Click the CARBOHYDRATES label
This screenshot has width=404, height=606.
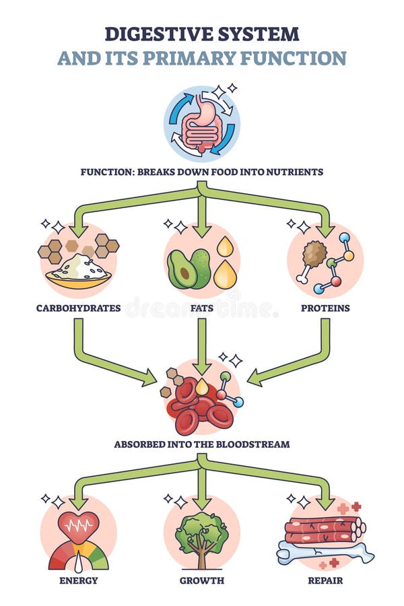coord(79,308)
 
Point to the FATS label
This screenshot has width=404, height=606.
coord(201,308)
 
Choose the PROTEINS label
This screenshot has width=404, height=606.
coord(325,308)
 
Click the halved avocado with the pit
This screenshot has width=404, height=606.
coord(180,271)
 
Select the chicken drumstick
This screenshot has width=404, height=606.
coord(310,259)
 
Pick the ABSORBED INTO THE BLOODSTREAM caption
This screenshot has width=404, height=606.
coord(201,444)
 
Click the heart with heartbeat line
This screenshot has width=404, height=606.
coord(78,525)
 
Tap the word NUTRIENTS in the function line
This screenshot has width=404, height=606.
coord(294,172)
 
